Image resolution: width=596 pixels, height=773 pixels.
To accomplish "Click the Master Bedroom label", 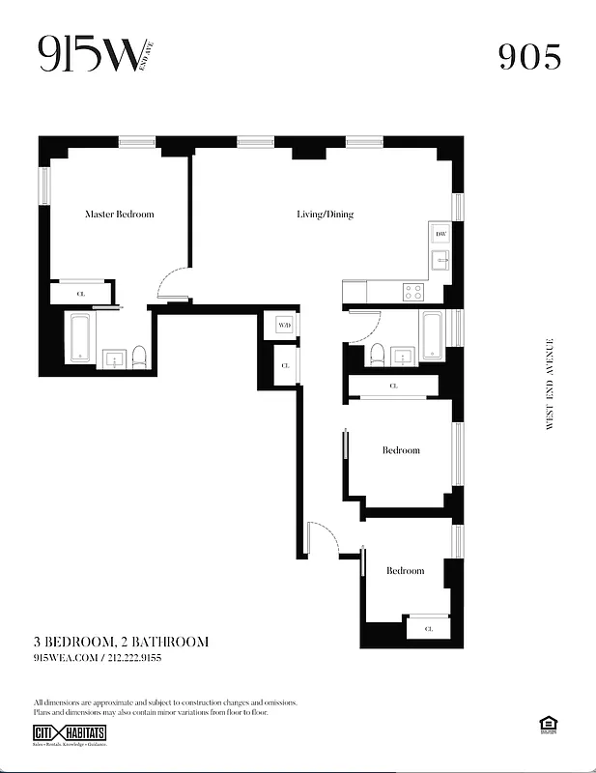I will click(119, 215).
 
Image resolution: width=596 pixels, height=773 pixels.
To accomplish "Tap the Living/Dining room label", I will click(325, 215).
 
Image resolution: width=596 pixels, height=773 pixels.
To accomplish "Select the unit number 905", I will click(529, 57).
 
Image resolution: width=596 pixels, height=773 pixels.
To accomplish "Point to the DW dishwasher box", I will click(440, 235).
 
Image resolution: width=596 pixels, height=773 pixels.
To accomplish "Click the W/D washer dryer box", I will click(284, 326).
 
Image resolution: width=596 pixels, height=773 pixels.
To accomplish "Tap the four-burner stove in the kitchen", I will click(414, 290).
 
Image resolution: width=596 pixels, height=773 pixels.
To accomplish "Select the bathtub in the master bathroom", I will click(80, 339).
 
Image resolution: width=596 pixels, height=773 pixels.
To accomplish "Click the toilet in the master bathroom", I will click(140, 358).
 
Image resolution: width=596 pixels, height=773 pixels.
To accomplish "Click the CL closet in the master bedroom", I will click(81, 293).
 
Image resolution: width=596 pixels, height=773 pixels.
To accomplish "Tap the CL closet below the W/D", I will click(285, 366).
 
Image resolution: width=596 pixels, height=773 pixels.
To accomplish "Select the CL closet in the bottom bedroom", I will click(428, 629).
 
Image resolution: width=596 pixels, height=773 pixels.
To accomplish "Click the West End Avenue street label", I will click(550, 384).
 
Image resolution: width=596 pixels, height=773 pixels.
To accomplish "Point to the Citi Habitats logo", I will click(70, 734).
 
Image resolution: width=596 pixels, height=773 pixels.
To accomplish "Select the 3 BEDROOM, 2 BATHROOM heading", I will click(121, 642).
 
